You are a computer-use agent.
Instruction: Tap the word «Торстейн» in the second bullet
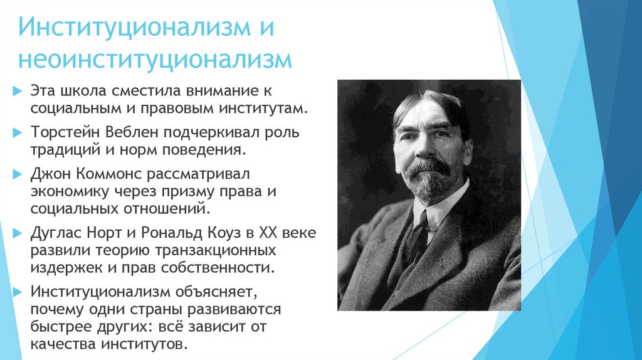point(63,134)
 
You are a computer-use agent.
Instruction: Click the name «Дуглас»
point(54,233)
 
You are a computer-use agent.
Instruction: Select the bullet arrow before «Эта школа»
point(17,92)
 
